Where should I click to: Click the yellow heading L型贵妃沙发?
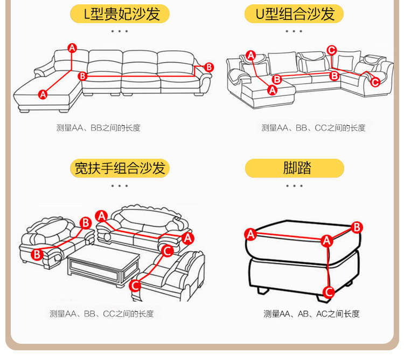point(120,13)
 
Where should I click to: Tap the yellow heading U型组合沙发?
point(294,13)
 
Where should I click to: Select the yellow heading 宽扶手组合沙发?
point(120,168)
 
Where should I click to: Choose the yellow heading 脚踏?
point(294,168)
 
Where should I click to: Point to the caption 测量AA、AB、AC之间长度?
point(311,314)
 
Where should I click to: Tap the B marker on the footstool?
point(357,227)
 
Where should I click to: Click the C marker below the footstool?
point(328,292)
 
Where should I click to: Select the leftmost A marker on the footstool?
point(250,234)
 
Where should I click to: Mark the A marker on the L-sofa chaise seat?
point(43,94)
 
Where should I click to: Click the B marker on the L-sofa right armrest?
point(209,67)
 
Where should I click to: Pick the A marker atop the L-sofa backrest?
point(72,47)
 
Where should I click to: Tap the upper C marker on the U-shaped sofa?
point(332,50)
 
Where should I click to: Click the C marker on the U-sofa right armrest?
point(375,81)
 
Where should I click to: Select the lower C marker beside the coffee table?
point(135,285)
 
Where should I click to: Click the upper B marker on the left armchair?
point(85,222)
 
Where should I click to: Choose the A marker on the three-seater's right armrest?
point(188,237)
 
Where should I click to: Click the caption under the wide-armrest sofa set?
point(102,314)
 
